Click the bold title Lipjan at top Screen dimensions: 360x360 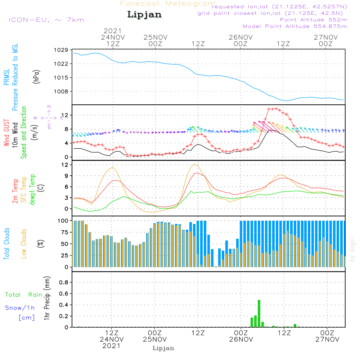tap(144, 15)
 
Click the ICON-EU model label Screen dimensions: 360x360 tap(46, 20)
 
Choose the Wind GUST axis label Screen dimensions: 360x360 tap(6, 133)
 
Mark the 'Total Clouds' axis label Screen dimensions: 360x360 tap(6, 244)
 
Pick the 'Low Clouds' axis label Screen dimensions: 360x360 tap(24, 244)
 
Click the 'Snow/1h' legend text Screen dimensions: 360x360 tap(20, 308)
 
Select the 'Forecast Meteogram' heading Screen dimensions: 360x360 tap(168, 4)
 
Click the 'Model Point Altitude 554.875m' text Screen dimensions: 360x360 tap(295, 26)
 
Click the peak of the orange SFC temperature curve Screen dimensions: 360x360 tap(195, 165)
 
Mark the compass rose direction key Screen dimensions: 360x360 tap(49, 117)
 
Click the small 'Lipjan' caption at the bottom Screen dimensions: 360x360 tap(163, 348)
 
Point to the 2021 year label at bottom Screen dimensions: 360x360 tap(112, 346)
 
